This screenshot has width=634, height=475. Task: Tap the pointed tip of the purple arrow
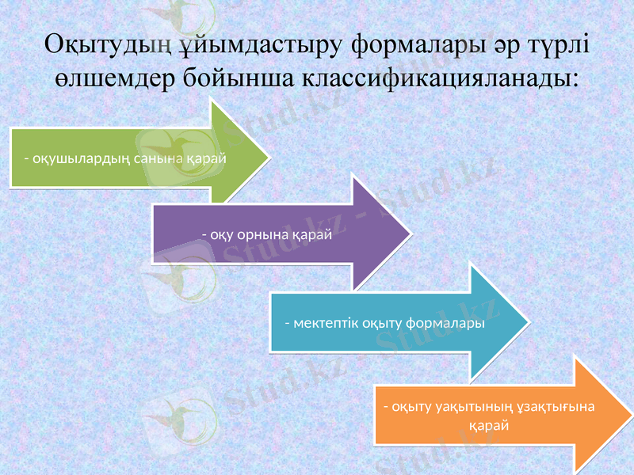coord(410,234)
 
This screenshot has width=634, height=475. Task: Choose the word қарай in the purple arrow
coord(311,235)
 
